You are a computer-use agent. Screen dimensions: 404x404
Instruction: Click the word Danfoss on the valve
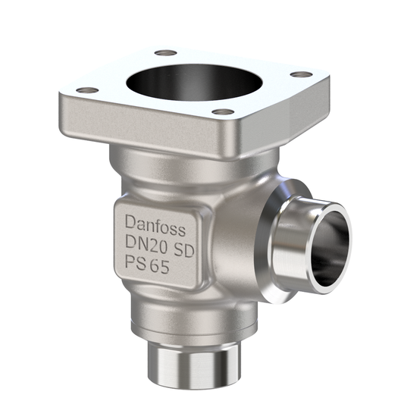[160, 224]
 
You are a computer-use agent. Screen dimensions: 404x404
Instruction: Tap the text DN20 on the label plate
[146, 246]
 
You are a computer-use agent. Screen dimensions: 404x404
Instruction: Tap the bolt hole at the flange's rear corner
[165, 53]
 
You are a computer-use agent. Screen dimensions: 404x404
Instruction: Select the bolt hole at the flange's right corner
[301, 74]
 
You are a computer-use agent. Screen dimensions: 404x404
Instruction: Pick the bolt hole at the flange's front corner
[223, 113]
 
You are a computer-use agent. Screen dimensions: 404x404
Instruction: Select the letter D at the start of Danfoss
[130, 224]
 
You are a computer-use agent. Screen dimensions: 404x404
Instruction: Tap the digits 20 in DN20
[158, 246]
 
